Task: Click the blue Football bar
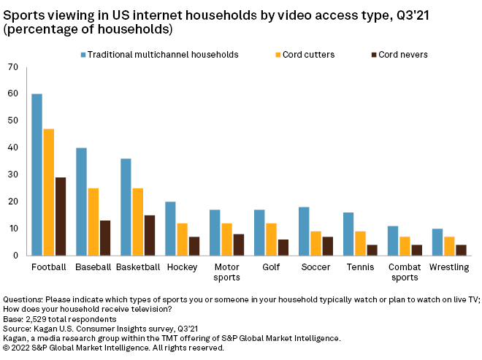pos(37,175)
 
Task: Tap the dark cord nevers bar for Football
pos(60,216)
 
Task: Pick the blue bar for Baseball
pos(82,202)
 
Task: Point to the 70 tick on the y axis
pos(12,67)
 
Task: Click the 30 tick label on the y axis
pos(12,175)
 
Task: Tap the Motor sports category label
pos(226,272)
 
